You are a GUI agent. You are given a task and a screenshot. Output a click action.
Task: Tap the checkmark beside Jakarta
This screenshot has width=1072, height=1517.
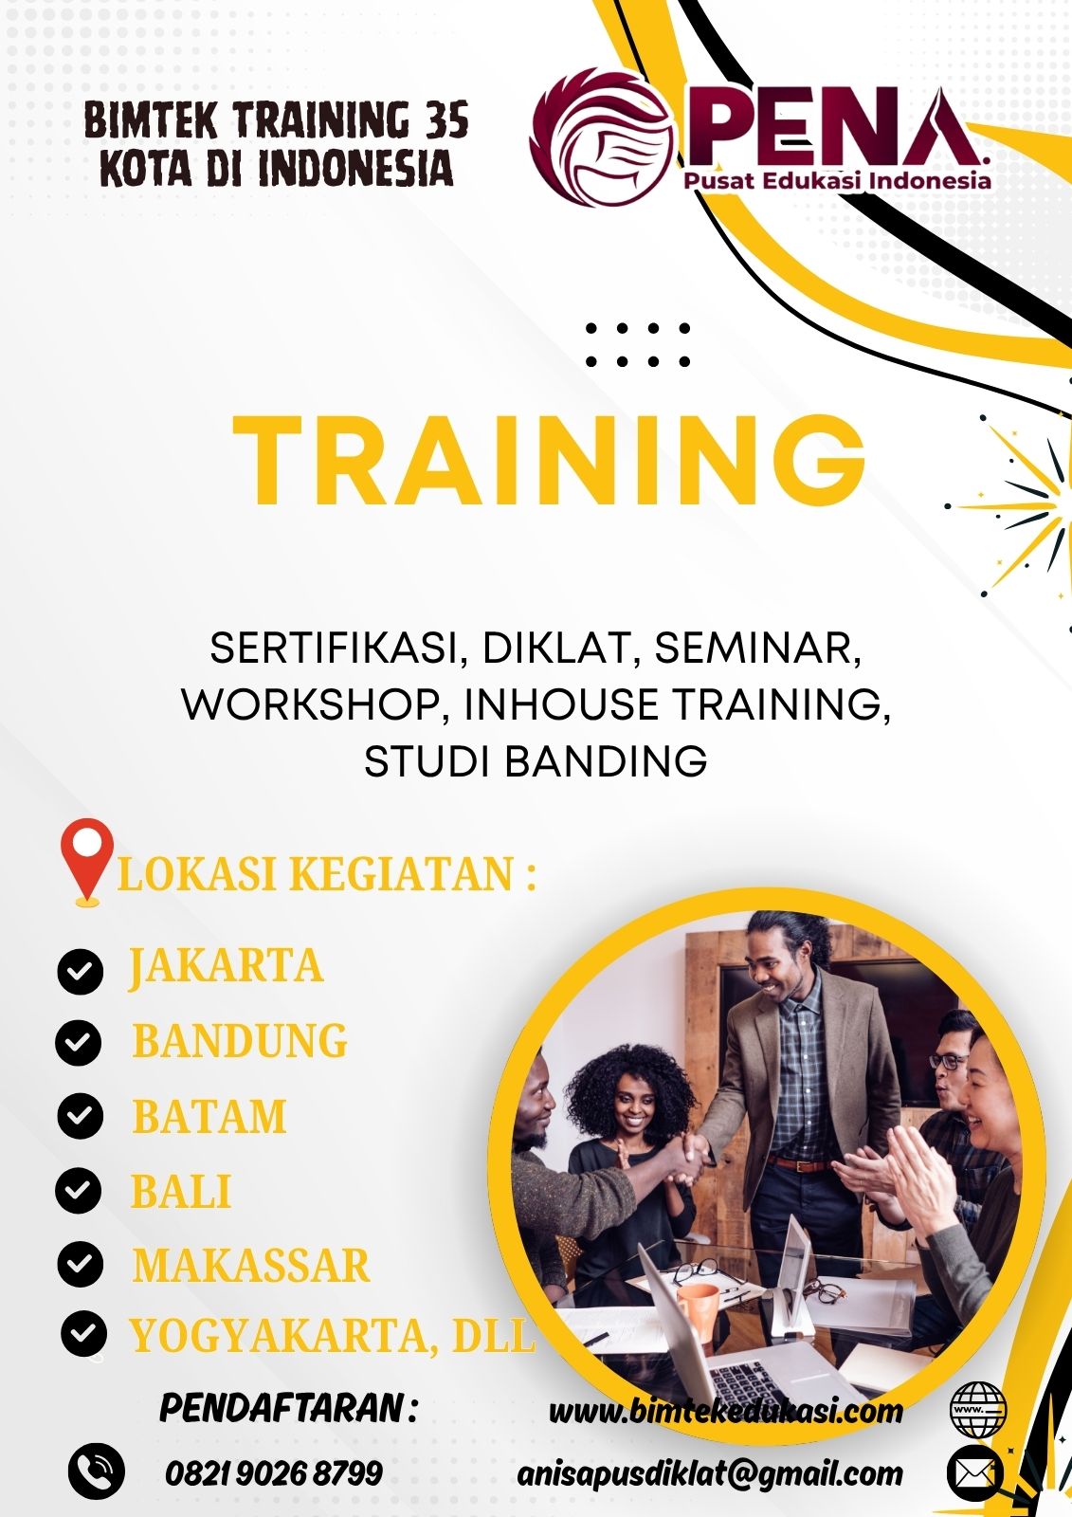[81, 971]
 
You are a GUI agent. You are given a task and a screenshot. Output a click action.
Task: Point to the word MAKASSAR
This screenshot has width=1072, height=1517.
[251, 1265]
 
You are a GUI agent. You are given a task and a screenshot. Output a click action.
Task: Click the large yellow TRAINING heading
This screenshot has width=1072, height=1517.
[549, 460]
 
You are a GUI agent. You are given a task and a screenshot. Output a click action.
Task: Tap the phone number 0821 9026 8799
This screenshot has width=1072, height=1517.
[274, 1473]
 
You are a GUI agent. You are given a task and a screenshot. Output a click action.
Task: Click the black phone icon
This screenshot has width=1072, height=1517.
[97, 1471]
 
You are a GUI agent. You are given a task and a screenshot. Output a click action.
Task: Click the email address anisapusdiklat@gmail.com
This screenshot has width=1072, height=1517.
[710, 1473]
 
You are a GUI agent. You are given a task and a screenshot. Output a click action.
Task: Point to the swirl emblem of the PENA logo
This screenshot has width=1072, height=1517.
[605, 137]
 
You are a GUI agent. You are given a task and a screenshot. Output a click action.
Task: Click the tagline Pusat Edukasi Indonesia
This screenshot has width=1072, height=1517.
[837, 181]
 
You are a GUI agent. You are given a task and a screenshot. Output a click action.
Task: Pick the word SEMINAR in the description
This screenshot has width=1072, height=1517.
[757, 649]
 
